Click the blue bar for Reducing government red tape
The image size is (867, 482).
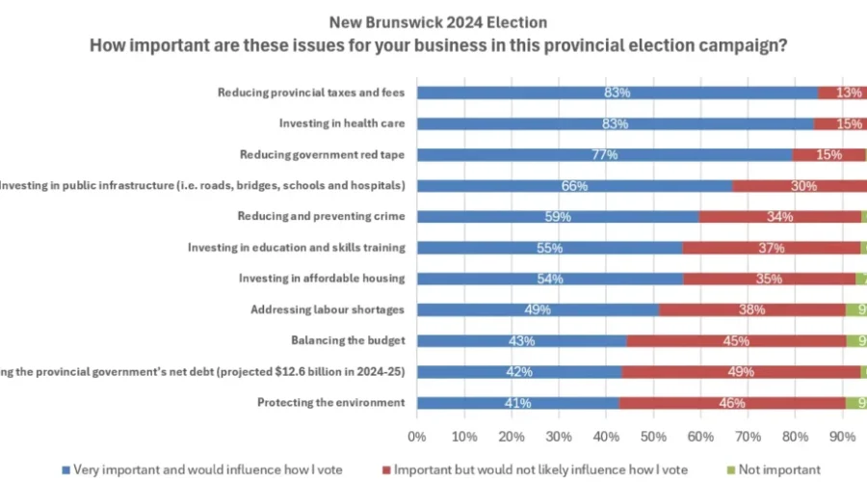click(x=603, y=154)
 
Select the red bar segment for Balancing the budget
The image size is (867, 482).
click(x=736, y=340)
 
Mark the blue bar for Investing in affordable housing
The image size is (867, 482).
click(x=549, y=279)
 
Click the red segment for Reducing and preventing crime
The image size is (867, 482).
click(x=779, y=216)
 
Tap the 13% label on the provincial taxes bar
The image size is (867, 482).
click(x=849, y=93)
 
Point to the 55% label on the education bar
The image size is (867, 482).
click(x=548, y=248)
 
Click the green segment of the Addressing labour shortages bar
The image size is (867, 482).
click(x=856, y=309)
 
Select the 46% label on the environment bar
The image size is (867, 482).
click(x=732, y=402)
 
